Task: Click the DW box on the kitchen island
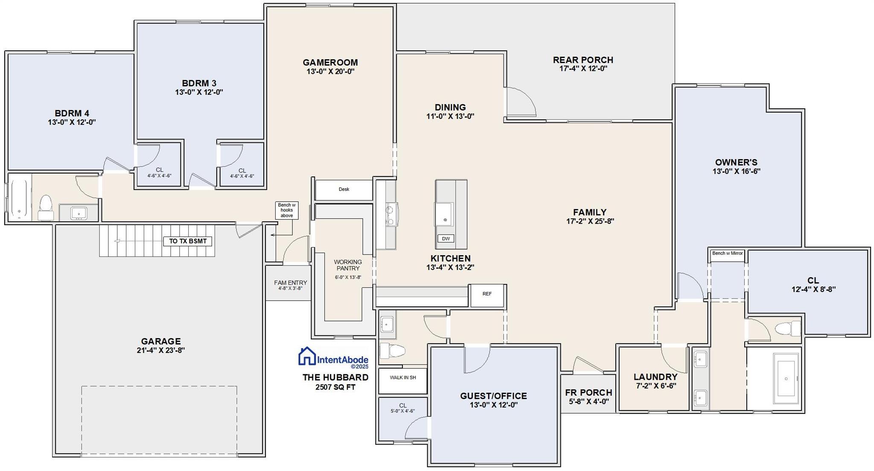coord(446,239)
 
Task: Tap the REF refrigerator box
coord(487,294)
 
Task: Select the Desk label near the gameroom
coord(344,189)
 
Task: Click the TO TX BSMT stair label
coord(188,241)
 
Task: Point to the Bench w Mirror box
coord(727,254)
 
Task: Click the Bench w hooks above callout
coord(286,210)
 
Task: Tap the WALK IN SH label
coord(403,378)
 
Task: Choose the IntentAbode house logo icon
coord(306,356)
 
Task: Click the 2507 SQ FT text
coord(335,387)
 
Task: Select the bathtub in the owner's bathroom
coord(786,379)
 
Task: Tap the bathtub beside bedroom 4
coord(20,199)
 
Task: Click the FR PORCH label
coord(588,393)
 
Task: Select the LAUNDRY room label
coord(655,377)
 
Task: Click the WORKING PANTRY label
coord(348,265)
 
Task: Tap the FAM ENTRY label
coord(290,283)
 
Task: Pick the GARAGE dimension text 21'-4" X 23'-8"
coord(160,351)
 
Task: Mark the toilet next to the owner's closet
coord(787,329)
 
